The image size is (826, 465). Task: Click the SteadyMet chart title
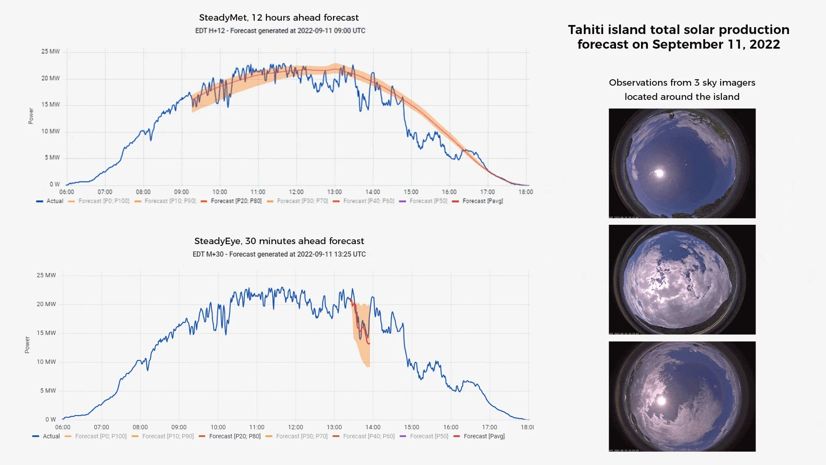(x=279, y=18)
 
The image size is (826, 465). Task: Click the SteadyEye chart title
(x=279, y=241)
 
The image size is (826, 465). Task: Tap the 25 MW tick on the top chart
(x=50, y=51)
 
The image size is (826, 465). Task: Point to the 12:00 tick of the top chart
(x=296, y=192)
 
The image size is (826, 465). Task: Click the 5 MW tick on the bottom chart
(x=48, y=391)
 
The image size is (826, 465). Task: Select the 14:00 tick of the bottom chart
(x=373, y=428)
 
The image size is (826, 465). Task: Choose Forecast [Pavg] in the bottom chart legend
(x=484, y=437)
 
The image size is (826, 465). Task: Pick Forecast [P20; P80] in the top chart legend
(x=236, y=201)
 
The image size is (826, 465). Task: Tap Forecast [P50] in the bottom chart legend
(x=428, y=437)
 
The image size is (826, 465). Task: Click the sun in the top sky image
(x=659, y=174)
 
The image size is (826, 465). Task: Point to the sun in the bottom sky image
(x=662, y=401)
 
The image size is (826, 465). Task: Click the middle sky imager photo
(x=682, y=280)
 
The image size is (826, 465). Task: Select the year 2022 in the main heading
(x=764, y=44)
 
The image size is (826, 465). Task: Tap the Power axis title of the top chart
(x=31, y=116)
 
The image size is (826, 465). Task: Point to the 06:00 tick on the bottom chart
(x=63, y=428)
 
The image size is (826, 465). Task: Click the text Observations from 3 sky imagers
(x=682, y=83)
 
